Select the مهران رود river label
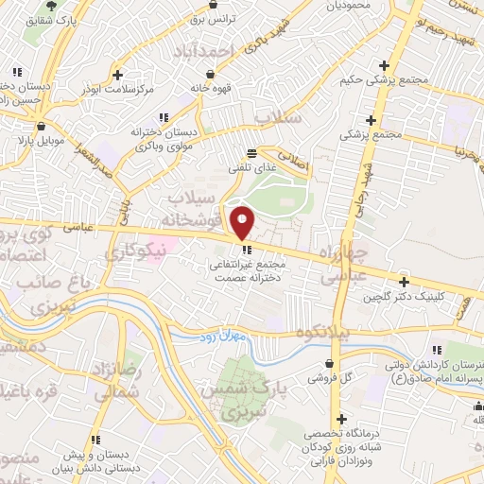pyautogui.click(x=222, y=337)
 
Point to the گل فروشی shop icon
pyautogui.click(x=329, y=363)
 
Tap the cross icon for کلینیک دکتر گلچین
pyautogui.click(x=404, y=282)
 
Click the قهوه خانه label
pyautogui.click(x=211, y=88)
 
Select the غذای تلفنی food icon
pyautogui.click(x=251, y=152)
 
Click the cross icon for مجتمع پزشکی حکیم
pyautogui.click(x=384, y=65)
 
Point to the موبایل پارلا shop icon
pyautogui.click(x=40, y=126)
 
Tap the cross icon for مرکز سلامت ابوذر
pyautogui.click(x=116, y=74)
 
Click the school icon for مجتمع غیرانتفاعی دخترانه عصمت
pyautogui.click(x=247, y=251)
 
